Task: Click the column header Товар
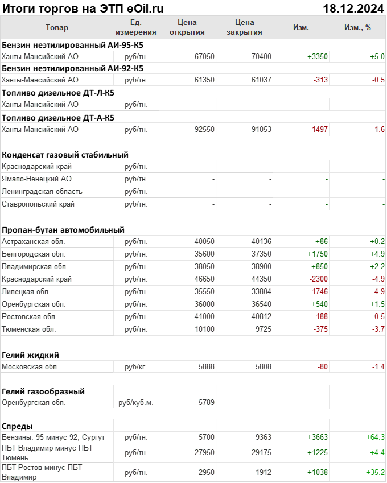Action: point(56,27)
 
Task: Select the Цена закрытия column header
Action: point(244,27)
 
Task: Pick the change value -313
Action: point(320,80)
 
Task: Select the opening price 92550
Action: point(204,129)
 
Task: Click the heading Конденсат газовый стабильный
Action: point(65,154)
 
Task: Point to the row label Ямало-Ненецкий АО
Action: point(36,179)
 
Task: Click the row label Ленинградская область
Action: point(42,191)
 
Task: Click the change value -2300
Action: point(318,279)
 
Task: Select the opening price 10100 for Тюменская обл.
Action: point(204,329)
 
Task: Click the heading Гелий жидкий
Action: point(30,354)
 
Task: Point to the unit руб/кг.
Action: point(136,366)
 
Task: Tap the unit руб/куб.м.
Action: point(136,403)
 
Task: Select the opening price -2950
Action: point(204,472)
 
